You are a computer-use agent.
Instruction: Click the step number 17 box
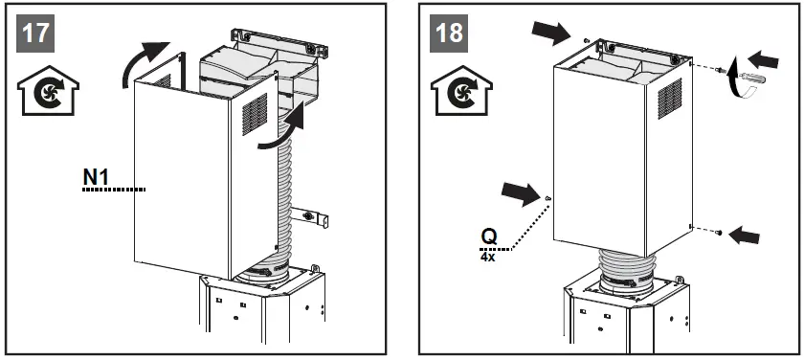(36, 32)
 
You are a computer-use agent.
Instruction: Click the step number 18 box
(448, 32)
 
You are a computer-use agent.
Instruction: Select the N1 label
(96, 178)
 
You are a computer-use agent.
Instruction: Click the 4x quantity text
(490, 256)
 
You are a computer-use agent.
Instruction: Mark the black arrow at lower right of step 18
(748, 231)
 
